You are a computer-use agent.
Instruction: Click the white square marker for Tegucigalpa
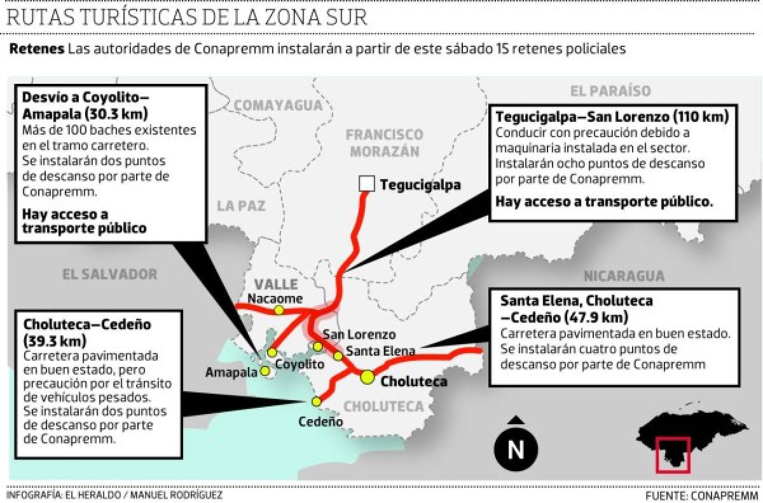(366, 184)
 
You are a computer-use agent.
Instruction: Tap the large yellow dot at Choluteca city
(367, 377)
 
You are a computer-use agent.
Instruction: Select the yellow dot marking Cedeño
(316, 401)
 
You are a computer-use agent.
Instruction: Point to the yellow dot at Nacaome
(278, 310)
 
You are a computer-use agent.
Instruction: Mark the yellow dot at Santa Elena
(338, 356)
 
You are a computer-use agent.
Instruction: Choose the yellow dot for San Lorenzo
(318, 346)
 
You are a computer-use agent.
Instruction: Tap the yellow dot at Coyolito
(272, 352)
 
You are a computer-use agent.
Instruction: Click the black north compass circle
(516, 450)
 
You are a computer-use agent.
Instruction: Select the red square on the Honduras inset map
(672, 455)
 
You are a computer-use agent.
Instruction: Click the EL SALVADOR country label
(109, 274)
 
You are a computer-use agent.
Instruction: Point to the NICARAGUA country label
(624, 276)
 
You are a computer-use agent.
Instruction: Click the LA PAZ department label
(241, 206)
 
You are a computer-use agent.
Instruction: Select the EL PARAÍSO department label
(610, 91)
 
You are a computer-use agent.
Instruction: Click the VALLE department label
(276, 284)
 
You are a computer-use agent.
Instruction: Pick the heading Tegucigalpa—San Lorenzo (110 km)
(612, 117)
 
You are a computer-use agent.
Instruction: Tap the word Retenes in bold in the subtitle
(36, 49)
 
